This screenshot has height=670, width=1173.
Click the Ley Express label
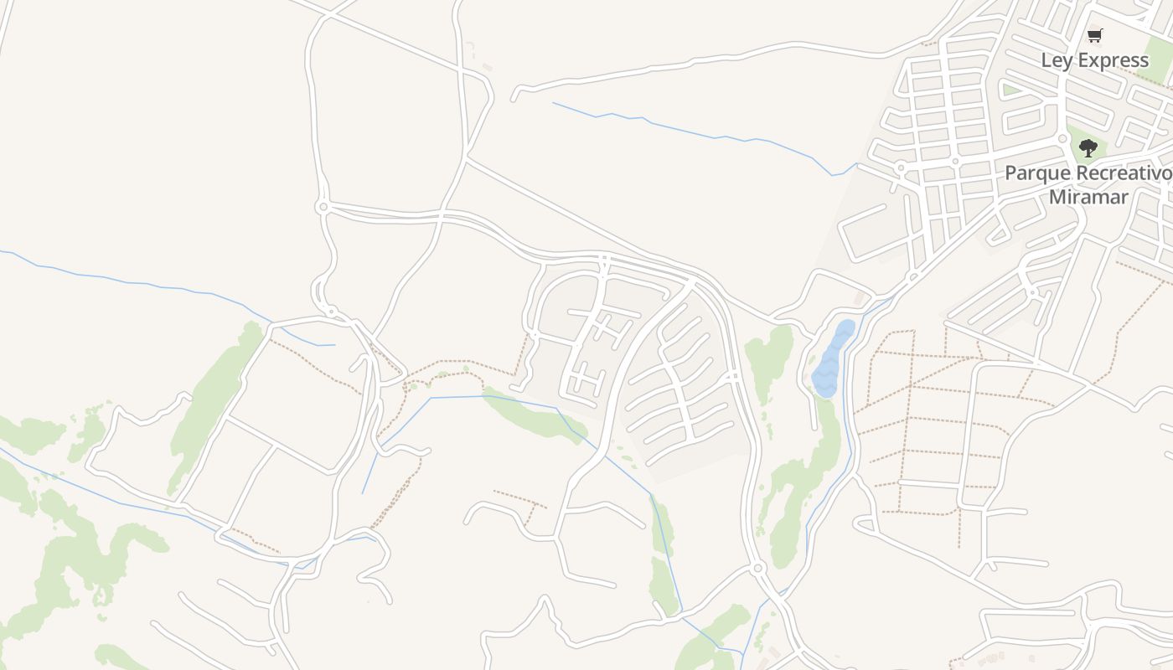pos(1094,60)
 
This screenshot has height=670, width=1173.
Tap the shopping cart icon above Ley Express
pos(1094,35)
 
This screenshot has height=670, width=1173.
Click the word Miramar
pos(1089,198)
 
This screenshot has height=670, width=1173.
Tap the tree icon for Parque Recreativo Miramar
pos(1088,149)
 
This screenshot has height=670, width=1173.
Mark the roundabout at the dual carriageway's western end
pos(322,206)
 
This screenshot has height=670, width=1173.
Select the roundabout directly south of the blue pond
pos(758,569)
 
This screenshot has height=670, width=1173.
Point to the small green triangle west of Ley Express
pos(1010,88)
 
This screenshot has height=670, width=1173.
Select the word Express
pos(1111,60)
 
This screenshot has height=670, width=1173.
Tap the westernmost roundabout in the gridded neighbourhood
pos(901,167)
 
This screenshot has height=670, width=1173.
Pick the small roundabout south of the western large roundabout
pos(332,312)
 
